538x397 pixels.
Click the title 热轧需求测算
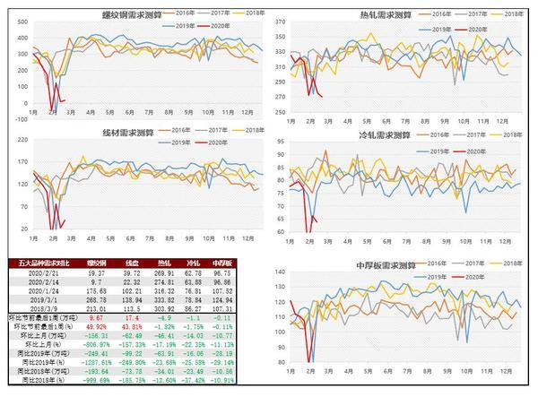coord(385,15)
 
